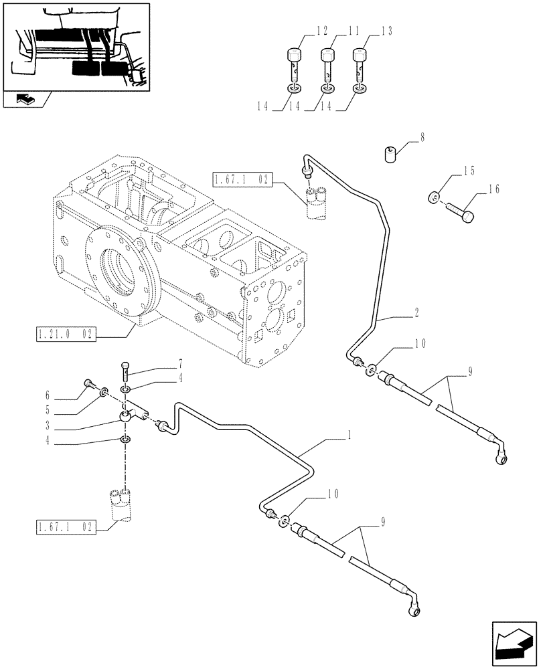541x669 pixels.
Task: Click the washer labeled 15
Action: [434, 197]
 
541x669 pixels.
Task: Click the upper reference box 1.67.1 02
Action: [242, 179]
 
